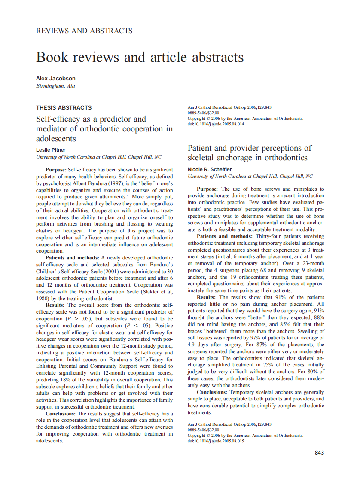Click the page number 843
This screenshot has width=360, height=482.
tap(319, 452)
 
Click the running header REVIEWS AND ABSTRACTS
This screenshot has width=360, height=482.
tap(84, 31)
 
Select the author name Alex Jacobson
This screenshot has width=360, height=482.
tap(56, 79)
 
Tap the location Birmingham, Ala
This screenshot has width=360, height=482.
tap(55, 86)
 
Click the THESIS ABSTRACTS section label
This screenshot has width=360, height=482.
tap(64, 108)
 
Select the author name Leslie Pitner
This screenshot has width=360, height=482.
tap(51, 150)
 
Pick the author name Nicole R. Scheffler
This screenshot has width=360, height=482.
tap(209, 169)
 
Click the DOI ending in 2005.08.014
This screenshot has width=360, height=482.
tap(216, 124)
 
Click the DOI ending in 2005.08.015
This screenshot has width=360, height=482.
tap(216, 441)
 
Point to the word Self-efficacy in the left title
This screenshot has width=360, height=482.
tap(57, 119)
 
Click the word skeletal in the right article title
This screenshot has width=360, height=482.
tap(204, 158)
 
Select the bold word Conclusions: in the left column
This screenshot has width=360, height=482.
tap(61, 414)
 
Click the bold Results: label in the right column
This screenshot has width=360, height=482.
tap(207, 297)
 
